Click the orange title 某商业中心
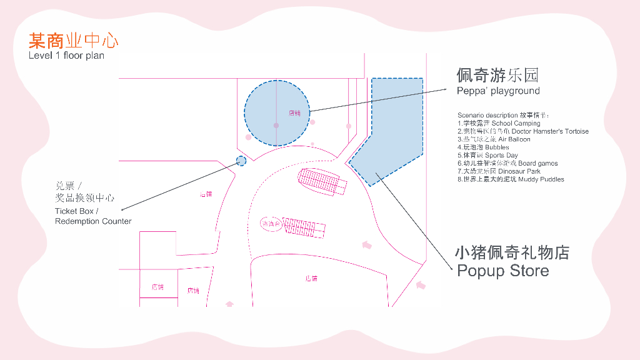(73, 42)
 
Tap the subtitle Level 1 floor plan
(66, 56)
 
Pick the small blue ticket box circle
(241, 161)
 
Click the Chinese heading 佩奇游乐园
(497, 76)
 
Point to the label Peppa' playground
(498, 91)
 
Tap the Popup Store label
(502, 271)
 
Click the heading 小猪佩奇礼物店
(512, 253)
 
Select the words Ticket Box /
(74, 211)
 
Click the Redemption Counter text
(93, 221)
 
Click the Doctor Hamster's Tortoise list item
(522, 131)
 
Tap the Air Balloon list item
(494, 139)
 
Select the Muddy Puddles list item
(511, 179)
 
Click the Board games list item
(507, 163)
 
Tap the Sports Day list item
(487, 155)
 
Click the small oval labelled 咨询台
(272, 224)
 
